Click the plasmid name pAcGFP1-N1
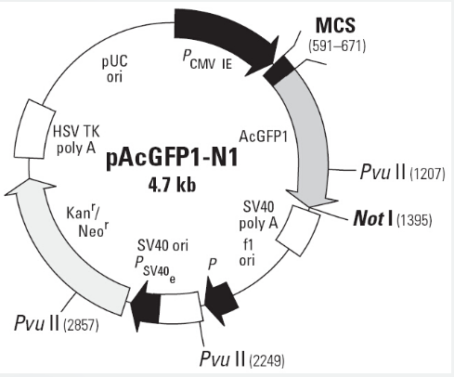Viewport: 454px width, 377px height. [172, 159]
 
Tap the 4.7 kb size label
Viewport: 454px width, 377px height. [172, 186]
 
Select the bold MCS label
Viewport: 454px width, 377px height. [335, 25]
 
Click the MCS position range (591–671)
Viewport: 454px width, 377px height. [337, 45]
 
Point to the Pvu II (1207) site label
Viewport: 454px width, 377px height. [402, 172]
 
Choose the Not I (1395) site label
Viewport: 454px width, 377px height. [393, 218]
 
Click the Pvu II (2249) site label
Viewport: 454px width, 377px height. [242, 359]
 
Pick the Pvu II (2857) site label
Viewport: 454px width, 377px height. [57, 323]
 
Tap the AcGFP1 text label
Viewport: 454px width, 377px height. [264, 136]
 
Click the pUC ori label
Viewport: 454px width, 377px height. [114, 69]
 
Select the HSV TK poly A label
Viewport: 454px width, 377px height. [76, 140]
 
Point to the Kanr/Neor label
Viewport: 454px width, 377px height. [88, 221]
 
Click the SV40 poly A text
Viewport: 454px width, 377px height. [258, 215]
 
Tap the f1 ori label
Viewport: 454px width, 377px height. [247, 253]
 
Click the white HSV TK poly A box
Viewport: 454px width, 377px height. [34, 129]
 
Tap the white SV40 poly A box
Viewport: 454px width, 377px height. [298, 231]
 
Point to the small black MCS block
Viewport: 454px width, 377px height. [279, 71]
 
